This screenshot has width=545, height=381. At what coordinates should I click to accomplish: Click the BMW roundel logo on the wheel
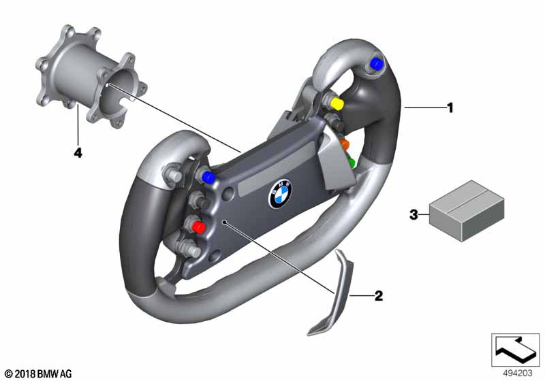(279, 195)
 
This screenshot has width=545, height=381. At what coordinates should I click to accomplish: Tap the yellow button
(336, 103)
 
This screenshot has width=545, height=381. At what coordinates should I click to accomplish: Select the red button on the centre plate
(199, 227)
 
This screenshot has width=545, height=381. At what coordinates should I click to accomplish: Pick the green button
(352, 163)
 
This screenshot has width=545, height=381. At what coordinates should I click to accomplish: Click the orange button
(345, 144)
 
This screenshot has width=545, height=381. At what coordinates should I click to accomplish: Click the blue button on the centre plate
(208, 178)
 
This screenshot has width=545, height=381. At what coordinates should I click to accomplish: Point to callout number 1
(450, 107)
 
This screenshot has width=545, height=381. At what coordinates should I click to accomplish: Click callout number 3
(413, 215)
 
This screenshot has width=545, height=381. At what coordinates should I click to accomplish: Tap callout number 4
(78, 153)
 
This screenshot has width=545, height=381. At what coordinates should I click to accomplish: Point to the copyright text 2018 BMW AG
(37, 374)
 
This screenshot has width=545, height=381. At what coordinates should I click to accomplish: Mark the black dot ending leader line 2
(225, 221)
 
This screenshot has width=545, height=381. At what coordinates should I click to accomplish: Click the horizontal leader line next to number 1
(424, 107)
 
